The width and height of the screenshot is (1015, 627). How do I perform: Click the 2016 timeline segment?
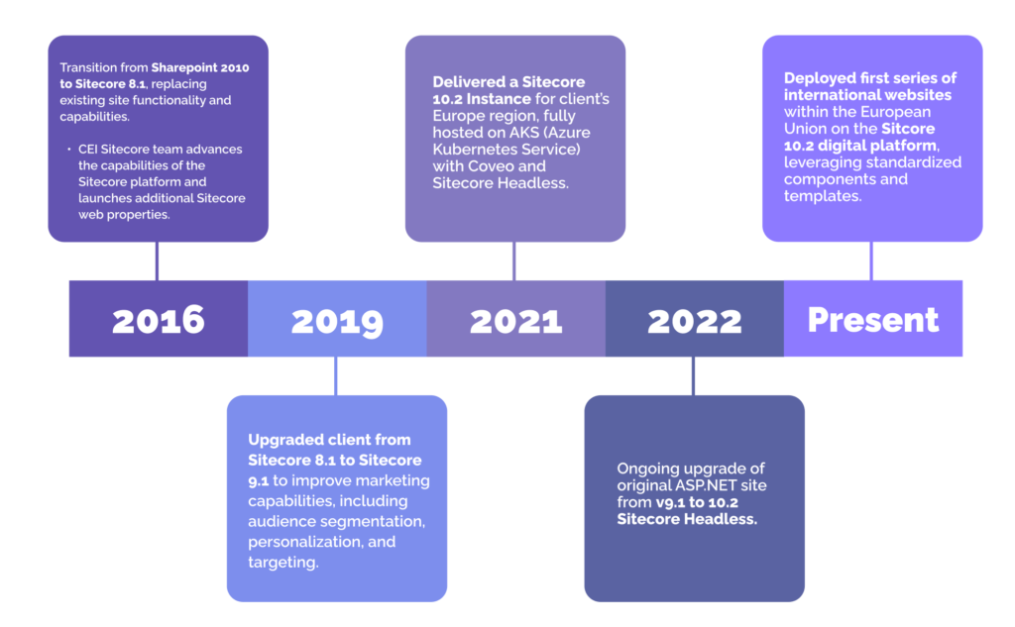158,319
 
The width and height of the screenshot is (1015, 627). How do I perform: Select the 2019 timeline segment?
337,319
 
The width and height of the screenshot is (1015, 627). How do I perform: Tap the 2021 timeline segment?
515,319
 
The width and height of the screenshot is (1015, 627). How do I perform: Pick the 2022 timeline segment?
694,319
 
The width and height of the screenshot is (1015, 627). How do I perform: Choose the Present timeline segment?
872,319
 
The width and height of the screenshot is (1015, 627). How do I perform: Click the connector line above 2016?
157,261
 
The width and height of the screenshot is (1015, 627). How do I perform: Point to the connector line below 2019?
336,375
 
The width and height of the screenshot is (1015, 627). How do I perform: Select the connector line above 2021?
513,261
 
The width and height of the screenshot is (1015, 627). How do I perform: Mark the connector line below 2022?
693,375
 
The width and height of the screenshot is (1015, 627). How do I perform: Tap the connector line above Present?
871,261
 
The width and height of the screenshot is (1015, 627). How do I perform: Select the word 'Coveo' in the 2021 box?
518,166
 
